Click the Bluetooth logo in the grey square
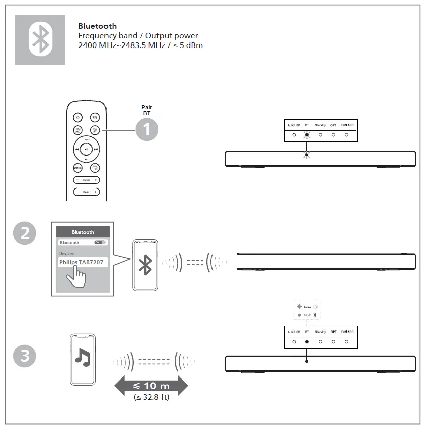[x=40, y=39]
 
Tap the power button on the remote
[x=77, y=117]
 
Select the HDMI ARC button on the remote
[x=77, y=130]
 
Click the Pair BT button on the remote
[x=95, y=130]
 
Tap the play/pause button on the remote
[x=86, y=149]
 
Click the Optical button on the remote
[x=77, y=168]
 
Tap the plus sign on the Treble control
[x=95, y=180]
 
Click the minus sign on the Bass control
[x=77, y=192]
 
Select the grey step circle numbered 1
[x=146, y=130]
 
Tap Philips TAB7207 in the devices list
[x=82, y=263]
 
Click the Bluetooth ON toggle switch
[x=101, y=242]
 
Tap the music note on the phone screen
[x=82, y=356]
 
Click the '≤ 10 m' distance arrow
[x=151, y=386]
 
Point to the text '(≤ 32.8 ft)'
[x=151, y=398]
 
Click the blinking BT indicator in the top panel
[x=307, y=135]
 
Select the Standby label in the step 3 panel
[x=320, y=332]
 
